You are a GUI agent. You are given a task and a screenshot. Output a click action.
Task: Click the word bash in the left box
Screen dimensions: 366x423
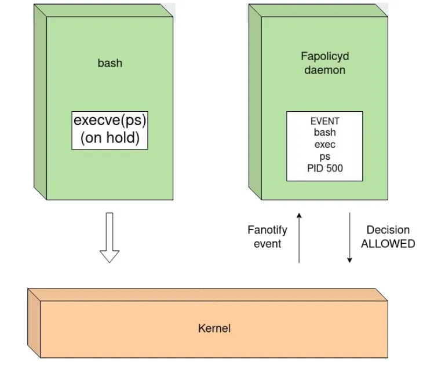(110, 63)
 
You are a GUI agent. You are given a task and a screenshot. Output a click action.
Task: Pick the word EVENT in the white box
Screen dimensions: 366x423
(324, 122)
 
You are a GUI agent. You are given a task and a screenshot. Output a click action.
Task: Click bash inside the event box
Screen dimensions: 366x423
(324, 133)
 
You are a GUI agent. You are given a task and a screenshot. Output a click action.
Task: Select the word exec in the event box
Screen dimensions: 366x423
(324, 145)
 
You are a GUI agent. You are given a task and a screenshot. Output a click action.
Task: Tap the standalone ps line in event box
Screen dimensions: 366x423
(324, 156)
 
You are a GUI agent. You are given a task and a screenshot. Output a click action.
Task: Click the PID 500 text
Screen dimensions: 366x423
(324, 169)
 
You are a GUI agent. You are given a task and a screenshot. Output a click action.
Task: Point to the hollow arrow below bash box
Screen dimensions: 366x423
(109, 238)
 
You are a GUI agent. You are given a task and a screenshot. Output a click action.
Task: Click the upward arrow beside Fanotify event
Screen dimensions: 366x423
(299, 237)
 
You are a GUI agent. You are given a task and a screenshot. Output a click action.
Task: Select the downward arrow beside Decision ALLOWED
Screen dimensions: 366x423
(349, 237)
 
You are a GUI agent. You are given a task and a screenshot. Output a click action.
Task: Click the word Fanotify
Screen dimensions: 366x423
(267, 230)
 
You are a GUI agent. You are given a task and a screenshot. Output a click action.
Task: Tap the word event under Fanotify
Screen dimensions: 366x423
(267, 244)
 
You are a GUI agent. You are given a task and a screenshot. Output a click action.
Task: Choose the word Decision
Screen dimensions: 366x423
(388, 230)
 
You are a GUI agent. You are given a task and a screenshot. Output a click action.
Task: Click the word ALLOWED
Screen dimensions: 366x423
(388, 244)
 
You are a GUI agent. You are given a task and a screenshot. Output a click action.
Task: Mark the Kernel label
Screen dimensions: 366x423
(214, 328)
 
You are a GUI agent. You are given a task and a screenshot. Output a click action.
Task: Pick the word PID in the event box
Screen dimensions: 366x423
(315, 169)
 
